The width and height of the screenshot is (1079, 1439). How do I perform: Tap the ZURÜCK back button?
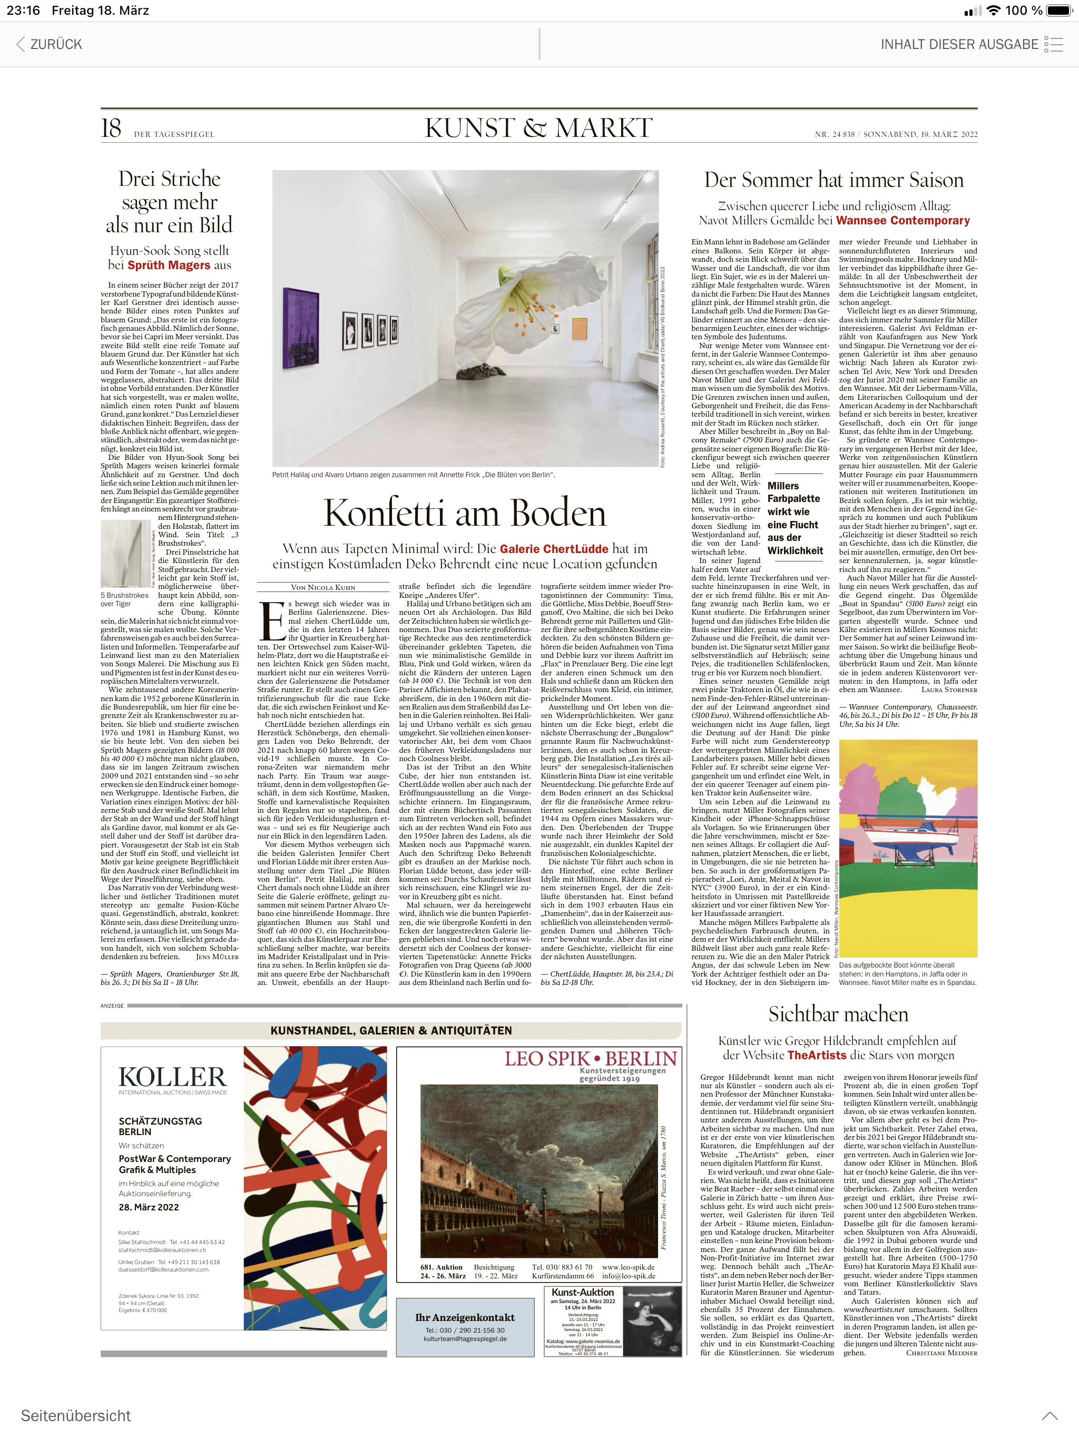[x=50, y=44]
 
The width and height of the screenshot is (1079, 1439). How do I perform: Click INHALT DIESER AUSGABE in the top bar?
[x=959, y=44]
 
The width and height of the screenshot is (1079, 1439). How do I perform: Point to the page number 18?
[x=111, y=128]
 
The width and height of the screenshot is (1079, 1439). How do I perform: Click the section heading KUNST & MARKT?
[x=538, y=127]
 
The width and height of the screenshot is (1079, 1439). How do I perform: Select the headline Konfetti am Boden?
[x=465, y=512]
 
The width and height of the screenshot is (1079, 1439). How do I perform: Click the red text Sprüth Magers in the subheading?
[x=169, y=265]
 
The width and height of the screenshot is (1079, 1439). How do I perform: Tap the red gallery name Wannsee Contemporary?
[x=903, y=221]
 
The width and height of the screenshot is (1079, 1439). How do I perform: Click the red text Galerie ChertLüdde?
[x=554, y=548]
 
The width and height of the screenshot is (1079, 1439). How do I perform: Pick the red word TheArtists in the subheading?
[x=817, y=1055]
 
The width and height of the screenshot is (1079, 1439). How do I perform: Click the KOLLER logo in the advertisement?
[x=172, y=1077]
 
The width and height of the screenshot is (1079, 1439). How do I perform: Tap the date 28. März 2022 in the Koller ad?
[x=149, y=1207]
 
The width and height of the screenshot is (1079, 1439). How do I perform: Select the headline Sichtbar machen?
[x=838, y=1013]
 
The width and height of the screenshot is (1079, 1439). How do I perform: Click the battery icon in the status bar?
[x=1058, y=11]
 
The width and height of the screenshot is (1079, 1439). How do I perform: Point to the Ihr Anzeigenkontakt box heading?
[x=465, y=1317]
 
